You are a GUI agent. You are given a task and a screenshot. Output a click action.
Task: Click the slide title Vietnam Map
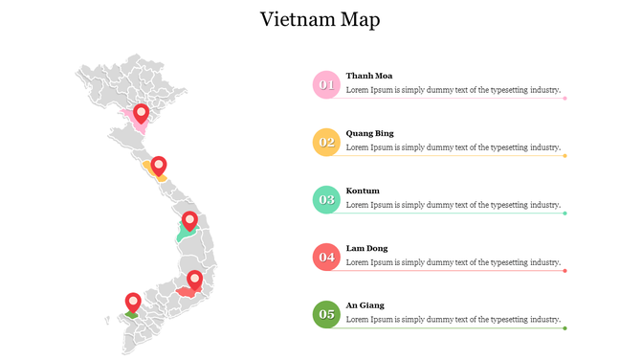click(320, 19)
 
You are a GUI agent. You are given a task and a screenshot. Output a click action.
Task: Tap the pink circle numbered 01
click(326, 84)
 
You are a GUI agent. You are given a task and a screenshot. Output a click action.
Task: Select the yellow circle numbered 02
click(326, 142)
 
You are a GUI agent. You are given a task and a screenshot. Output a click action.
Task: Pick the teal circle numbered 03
click(326, 199)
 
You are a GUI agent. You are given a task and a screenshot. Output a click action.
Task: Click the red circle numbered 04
click(326, 257)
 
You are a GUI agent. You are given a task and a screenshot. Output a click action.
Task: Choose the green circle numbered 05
click(326, 314)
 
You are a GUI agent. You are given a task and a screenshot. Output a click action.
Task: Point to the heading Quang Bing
click(370, 133)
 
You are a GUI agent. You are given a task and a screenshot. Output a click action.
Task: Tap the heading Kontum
click(363, 191)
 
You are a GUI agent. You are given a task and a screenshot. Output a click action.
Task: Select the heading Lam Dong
click(367, 248)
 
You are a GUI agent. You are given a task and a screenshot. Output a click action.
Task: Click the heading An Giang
click(365, 305)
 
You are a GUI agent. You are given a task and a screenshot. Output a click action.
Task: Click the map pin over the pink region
click(142, 114)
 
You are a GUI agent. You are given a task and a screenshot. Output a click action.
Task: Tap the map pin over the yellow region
click(159, 166)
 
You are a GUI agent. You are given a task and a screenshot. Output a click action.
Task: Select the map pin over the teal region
click(189, 221)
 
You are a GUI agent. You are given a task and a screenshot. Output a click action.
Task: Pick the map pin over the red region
click(195, 280)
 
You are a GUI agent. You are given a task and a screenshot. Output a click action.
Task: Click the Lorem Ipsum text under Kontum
click(453, 205)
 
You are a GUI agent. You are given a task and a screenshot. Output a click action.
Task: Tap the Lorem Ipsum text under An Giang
click(453, 320)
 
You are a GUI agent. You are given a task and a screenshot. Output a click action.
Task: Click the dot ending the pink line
click(565, 98)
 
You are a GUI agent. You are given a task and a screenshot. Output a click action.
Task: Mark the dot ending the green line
click(565, 328)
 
